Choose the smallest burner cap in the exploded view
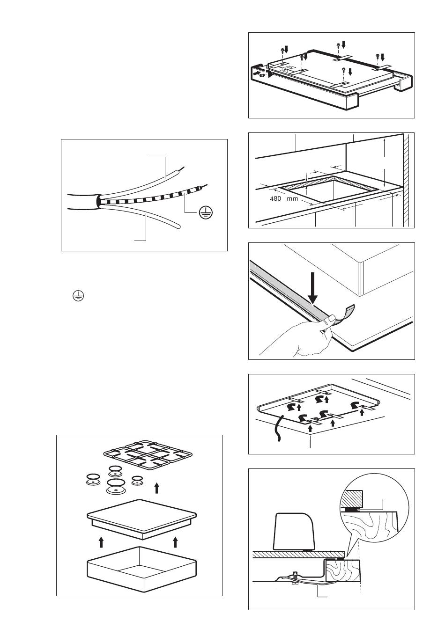click(x=137, y=480)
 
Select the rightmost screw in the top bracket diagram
click(x=378, y=58)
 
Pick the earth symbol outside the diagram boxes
click(x=75, y=295)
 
